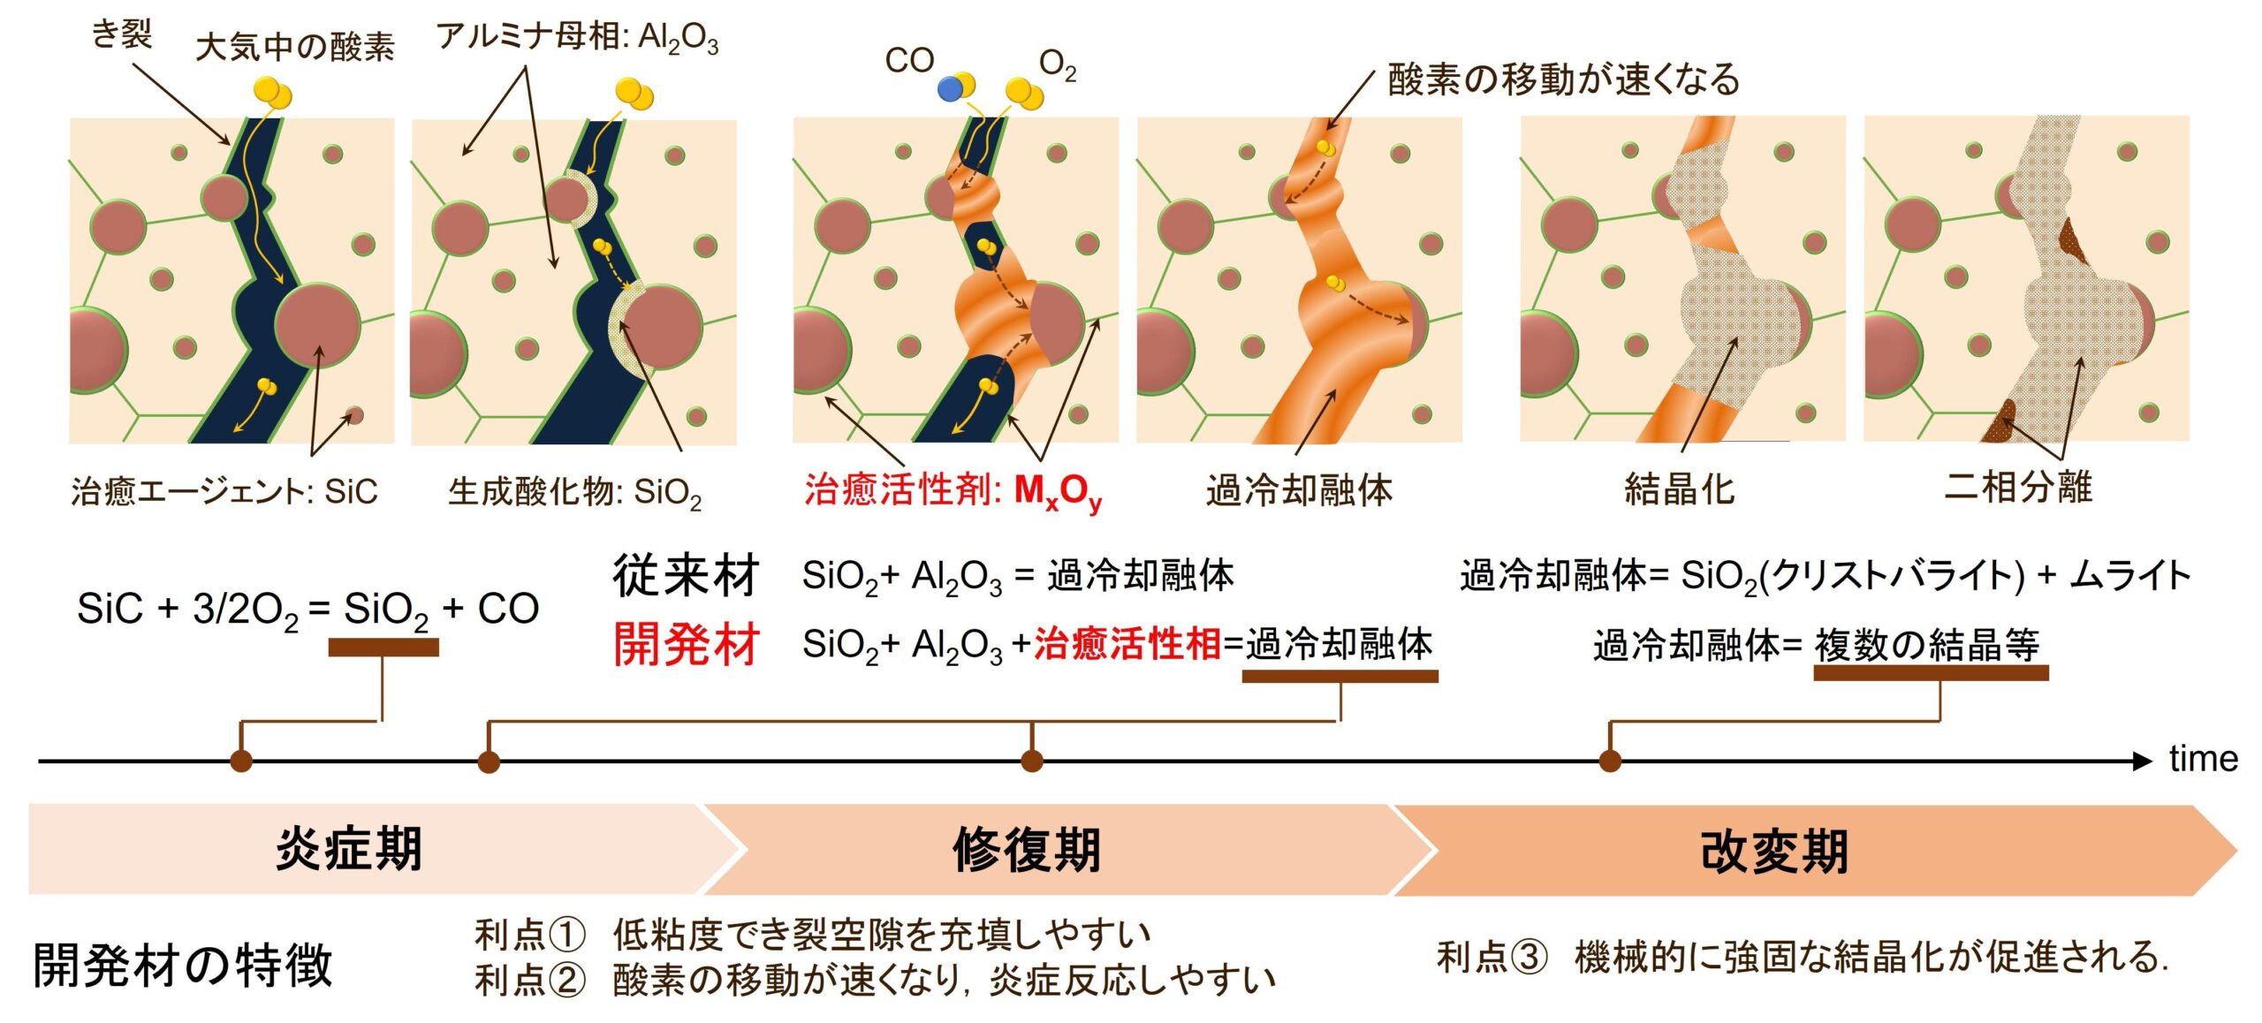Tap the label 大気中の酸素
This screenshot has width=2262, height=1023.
294,47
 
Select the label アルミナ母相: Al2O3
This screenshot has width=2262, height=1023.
577,38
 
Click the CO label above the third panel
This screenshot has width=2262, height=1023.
909,60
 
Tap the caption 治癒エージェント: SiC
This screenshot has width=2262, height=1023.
224,491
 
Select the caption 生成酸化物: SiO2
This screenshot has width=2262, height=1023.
574,491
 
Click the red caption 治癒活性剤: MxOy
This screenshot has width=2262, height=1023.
953,490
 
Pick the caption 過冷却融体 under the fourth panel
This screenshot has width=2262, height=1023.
1299,489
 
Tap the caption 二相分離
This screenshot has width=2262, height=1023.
2018,487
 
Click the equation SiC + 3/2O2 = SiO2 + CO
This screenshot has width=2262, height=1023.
307,609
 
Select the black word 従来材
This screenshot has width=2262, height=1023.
686,576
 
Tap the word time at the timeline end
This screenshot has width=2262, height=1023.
2203,759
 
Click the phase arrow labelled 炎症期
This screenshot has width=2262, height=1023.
349,849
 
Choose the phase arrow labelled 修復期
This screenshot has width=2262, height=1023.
1027,850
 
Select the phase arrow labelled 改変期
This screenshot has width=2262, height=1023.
1774,851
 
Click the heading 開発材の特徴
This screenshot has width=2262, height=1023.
182,964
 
